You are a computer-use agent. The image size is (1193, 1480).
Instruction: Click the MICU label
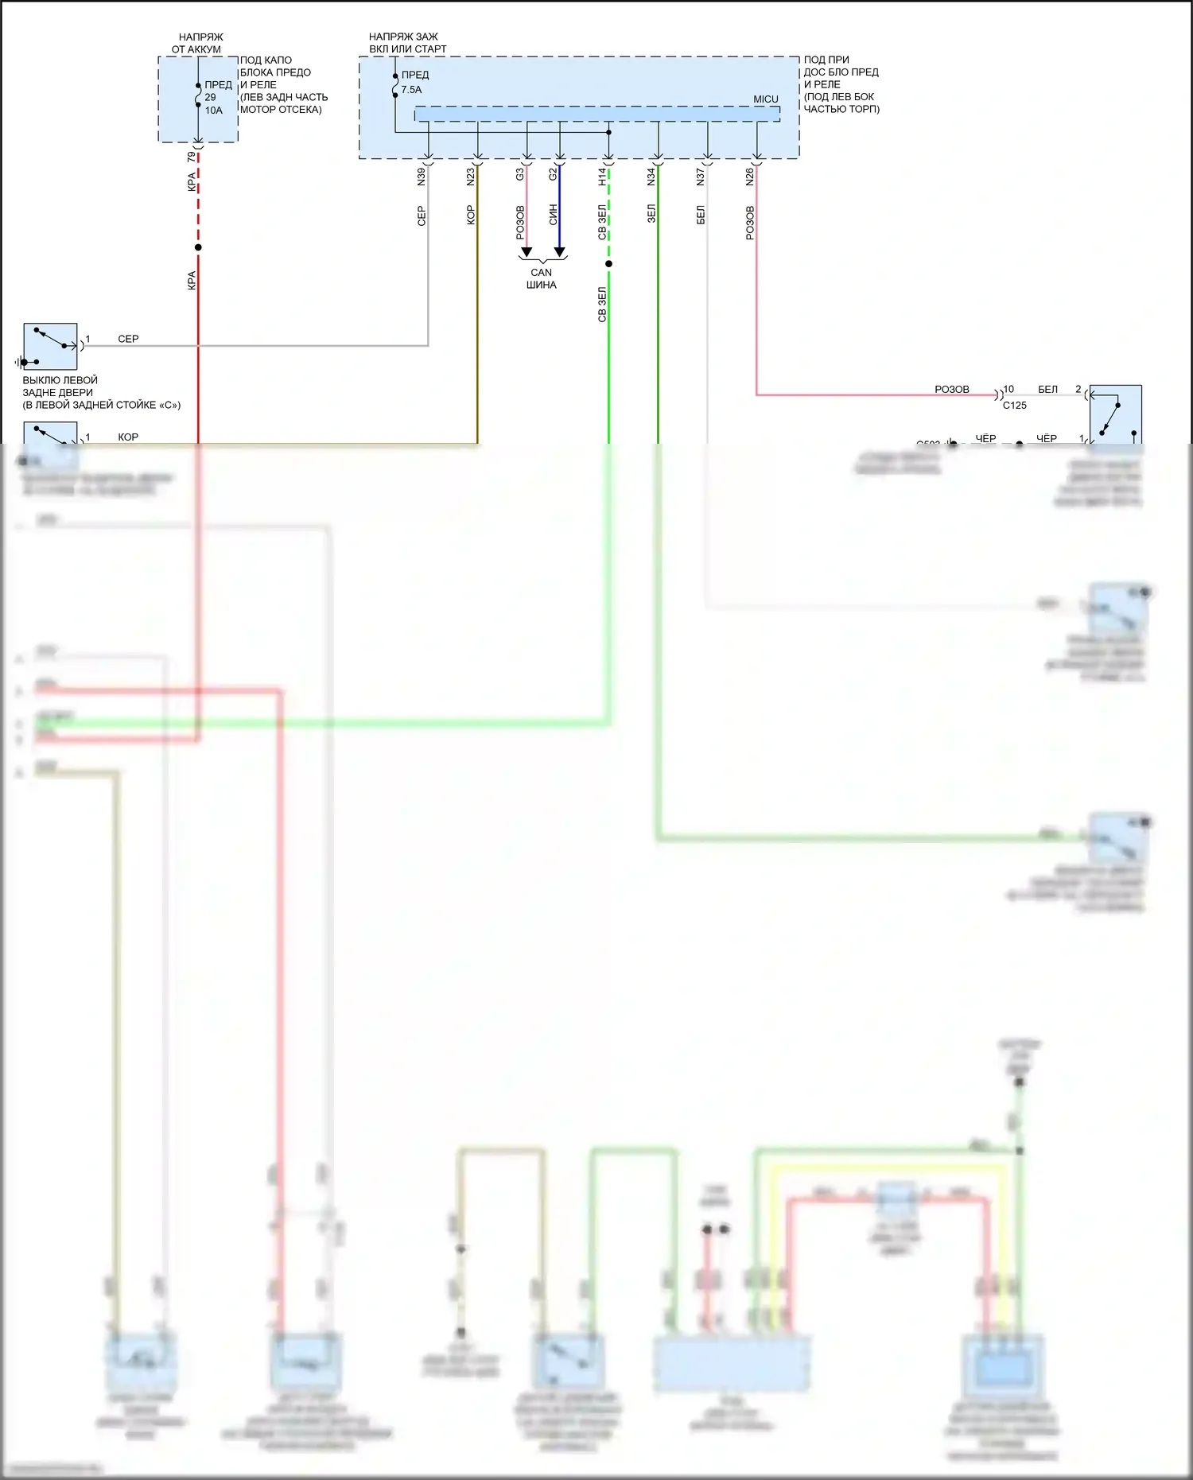(x=765, y=99)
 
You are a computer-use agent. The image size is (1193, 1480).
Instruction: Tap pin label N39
(x=422, y=177)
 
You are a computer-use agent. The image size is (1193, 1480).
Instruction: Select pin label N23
(x=471, y=177)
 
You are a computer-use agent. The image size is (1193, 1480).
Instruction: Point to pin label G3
(x=520, y=173)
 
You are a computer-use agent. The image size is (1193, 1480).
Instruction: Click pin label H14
(x=602, y=177)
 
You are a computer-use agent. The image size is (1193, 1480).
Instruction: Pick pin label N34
(x=651, y=177)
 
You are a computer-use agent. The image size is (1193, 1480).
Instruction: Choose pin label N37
(x=701, y=177)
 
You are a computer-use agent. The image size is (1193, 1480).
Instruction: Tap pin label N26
(x=750, y=177)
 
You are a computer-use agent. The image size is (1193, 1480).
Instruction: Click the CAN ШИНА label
(x=541, y=278)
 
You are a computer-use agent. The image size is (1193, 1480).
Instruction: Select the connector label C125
(x=1014, y=406)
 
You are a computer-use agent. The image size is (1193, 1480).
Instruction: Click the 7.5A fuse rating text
(x=411, y=90)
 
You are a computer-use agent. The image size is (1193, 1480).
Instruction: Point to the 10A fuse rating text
(x=214, y=111)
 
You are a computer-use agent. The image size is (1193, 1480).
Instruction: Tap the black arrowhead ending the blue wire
(x=560, y=252)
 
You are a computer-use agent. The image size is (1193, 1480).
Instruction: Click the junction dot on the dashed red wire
(x=198, y=247)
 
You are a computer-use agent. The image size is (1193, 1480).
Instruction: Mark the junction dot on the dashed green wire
(x=608, y=263)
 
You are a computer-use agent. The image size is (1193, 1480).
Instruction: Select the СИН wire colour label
(x=554, y=215)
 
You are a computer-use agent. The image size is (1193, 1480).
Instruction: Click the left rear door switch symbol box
(x=50, y=346)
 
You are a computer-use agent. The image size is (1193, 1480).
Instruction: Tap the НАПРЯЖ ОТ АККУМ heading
(x=197, y=43)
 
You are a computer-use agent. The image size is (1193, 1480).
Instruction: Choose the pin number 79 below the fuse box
(x=191, y=157)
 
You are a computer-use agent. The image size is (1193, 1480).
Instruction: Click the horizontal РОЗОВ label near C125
(x=951, y=390)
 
